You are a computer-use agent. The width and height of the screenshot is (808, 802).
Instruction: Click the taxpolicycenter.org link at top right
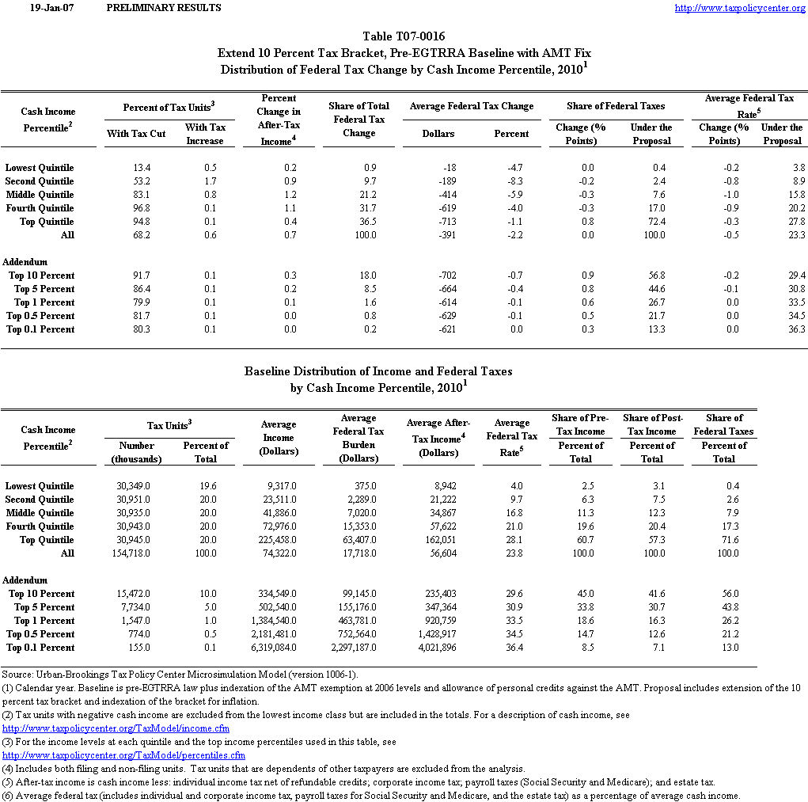[x=739, y=8]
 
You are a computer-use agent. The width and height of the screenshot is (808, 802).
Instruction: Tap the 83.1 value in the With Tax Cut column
[x=135, y=195]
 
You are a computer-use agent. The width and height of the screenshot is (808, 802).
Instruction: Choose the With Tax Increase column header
[x=205, y=134]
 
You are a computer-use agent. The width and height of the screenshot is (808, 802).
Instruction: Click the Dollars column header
[x=438, y=134]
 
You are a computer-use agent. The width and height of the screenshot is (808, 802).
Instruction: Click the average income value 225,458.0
[x=278, y=540]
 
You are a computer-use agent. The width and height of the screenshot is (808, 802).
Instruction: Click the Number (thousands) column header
[x=136, y=452]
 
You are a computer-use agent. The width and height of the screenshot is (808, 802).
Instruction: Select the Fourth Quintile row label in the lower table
[x=40, y=526]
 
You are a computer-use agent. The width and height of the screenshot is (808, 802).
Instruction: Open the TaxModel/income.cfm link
[x=116, y=728]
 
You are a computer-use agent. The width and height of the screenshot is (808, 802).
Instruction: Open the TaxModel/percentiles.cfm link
[x=123, y=755]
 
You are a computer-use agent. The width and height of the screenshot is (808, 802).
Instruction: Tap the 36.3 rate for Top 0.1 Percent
[x=795, y=329]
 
